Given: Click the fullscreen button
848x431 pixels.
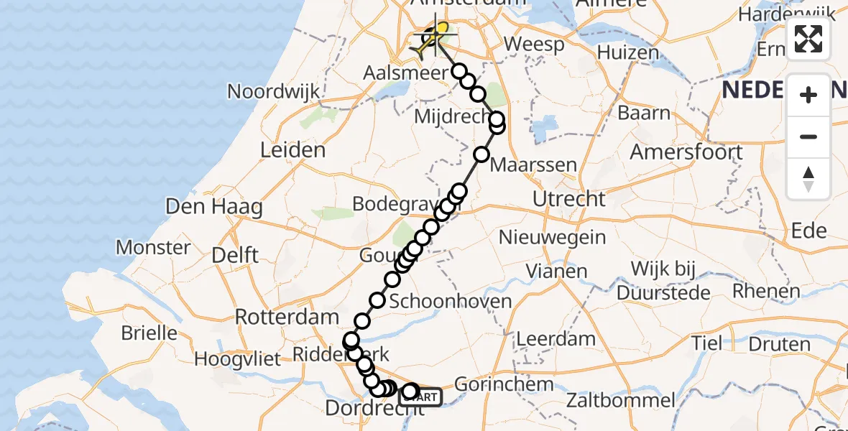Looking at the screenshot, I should (x=808, y=40).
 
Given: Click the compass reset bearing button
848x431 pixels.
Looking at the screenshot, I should (x=808, y=179).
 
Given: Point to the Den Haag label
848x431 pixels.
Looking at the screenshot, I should (x=213, y=208).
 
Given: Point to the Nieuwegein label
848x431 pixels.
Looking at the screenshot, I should (x=552, y=237).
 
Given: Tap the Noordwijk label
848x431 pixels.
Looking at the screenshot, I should (x=273, y=91).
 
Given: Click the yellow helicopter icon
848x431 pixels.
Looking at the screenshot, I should (x=434, y=39).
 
